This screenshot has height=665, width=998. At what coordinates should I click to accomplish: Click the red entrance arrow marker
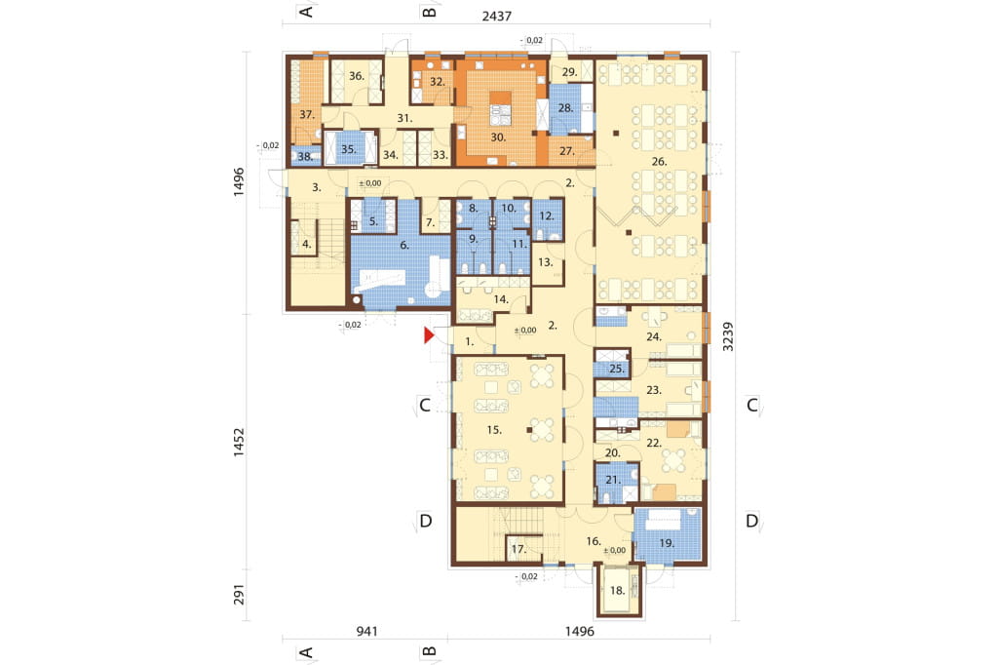429,335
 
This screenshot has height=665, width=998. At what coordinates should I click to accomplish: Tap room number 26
659,162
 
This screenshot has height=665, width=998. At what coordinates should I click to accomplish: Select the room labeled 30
498,137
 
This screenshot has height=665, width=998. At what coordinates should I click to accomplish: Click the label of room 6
404,245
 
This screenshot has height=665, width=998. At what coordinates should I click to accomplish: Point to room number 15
494,430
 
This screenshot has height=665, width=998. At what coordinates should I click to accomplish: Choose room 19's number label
667,543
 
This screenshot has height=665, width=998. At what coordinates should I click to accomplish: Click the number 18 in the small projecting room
617,591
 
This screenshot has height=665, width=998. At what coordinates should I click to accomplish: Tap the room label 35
348,149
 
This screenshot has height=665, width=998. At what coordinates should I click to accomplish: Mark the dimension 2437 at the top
496,16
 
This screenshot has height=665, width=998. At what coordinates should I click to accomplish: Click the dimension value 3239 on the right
728,336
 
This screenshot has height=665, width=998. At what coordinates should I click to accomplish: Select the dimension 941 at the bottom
366,631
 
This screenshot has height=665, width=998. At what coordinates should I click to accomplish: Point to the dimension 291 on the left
239,595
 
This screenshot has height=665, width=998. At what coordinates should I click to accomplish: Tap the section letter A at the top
306,11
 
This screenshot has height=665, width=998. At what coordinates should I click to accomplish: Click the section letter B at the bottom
430,651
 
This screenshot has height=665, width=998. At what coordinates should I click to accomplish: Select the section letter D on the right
751,521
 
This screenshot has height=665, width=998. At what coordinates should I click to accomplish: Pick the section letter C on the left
425,405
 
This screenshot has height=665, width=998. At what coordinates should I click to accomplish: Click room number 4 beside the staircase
307,244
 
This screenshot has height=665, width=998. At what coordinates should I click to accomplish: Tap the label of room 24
654,336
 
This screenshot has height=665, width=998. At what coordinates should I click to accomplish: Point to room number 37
307,115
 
